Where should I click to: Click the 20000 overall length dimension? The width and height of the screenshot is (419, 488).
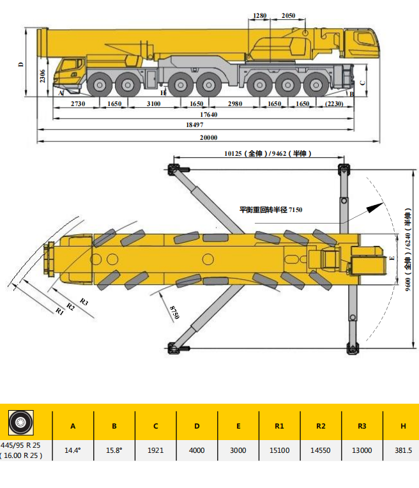tap(208, 138)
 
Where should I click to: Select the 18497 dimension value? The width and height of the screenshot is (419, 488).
tap(194, 126)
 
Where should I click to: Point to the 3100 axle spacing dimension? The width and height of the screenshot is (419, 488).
tap(153, 103)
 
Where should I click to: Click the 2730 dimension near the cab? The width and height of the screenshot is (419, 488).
tap(78, 103)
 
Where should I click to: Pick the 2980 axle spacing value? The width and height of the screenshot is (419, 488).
tap(235, 103)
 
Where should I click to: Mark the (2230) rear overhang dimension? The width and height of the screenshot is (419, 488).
tap(334, 103)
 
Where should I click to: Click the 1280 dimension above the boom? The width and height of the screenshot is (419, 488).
tap(259, 15)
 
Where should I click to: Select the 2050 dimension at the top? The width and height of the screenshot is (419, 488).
tap(288, 15)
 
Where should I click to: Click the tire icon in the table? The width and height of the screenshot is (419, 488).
tap(20, 422)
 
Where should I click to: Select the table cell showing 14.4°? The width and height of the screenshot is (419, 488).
tap(73, 450)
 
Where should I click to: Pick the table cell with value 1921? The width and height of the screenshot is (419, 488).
tap(155, 450)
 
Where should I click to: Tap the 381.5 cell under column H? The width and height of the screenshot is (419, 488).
tap(403, 450)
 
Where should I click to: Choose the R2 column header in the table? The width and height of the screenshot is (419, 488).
tap(321, 426)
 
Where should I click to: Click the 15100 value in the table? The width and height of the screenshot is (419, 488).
tap(279, 450)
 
